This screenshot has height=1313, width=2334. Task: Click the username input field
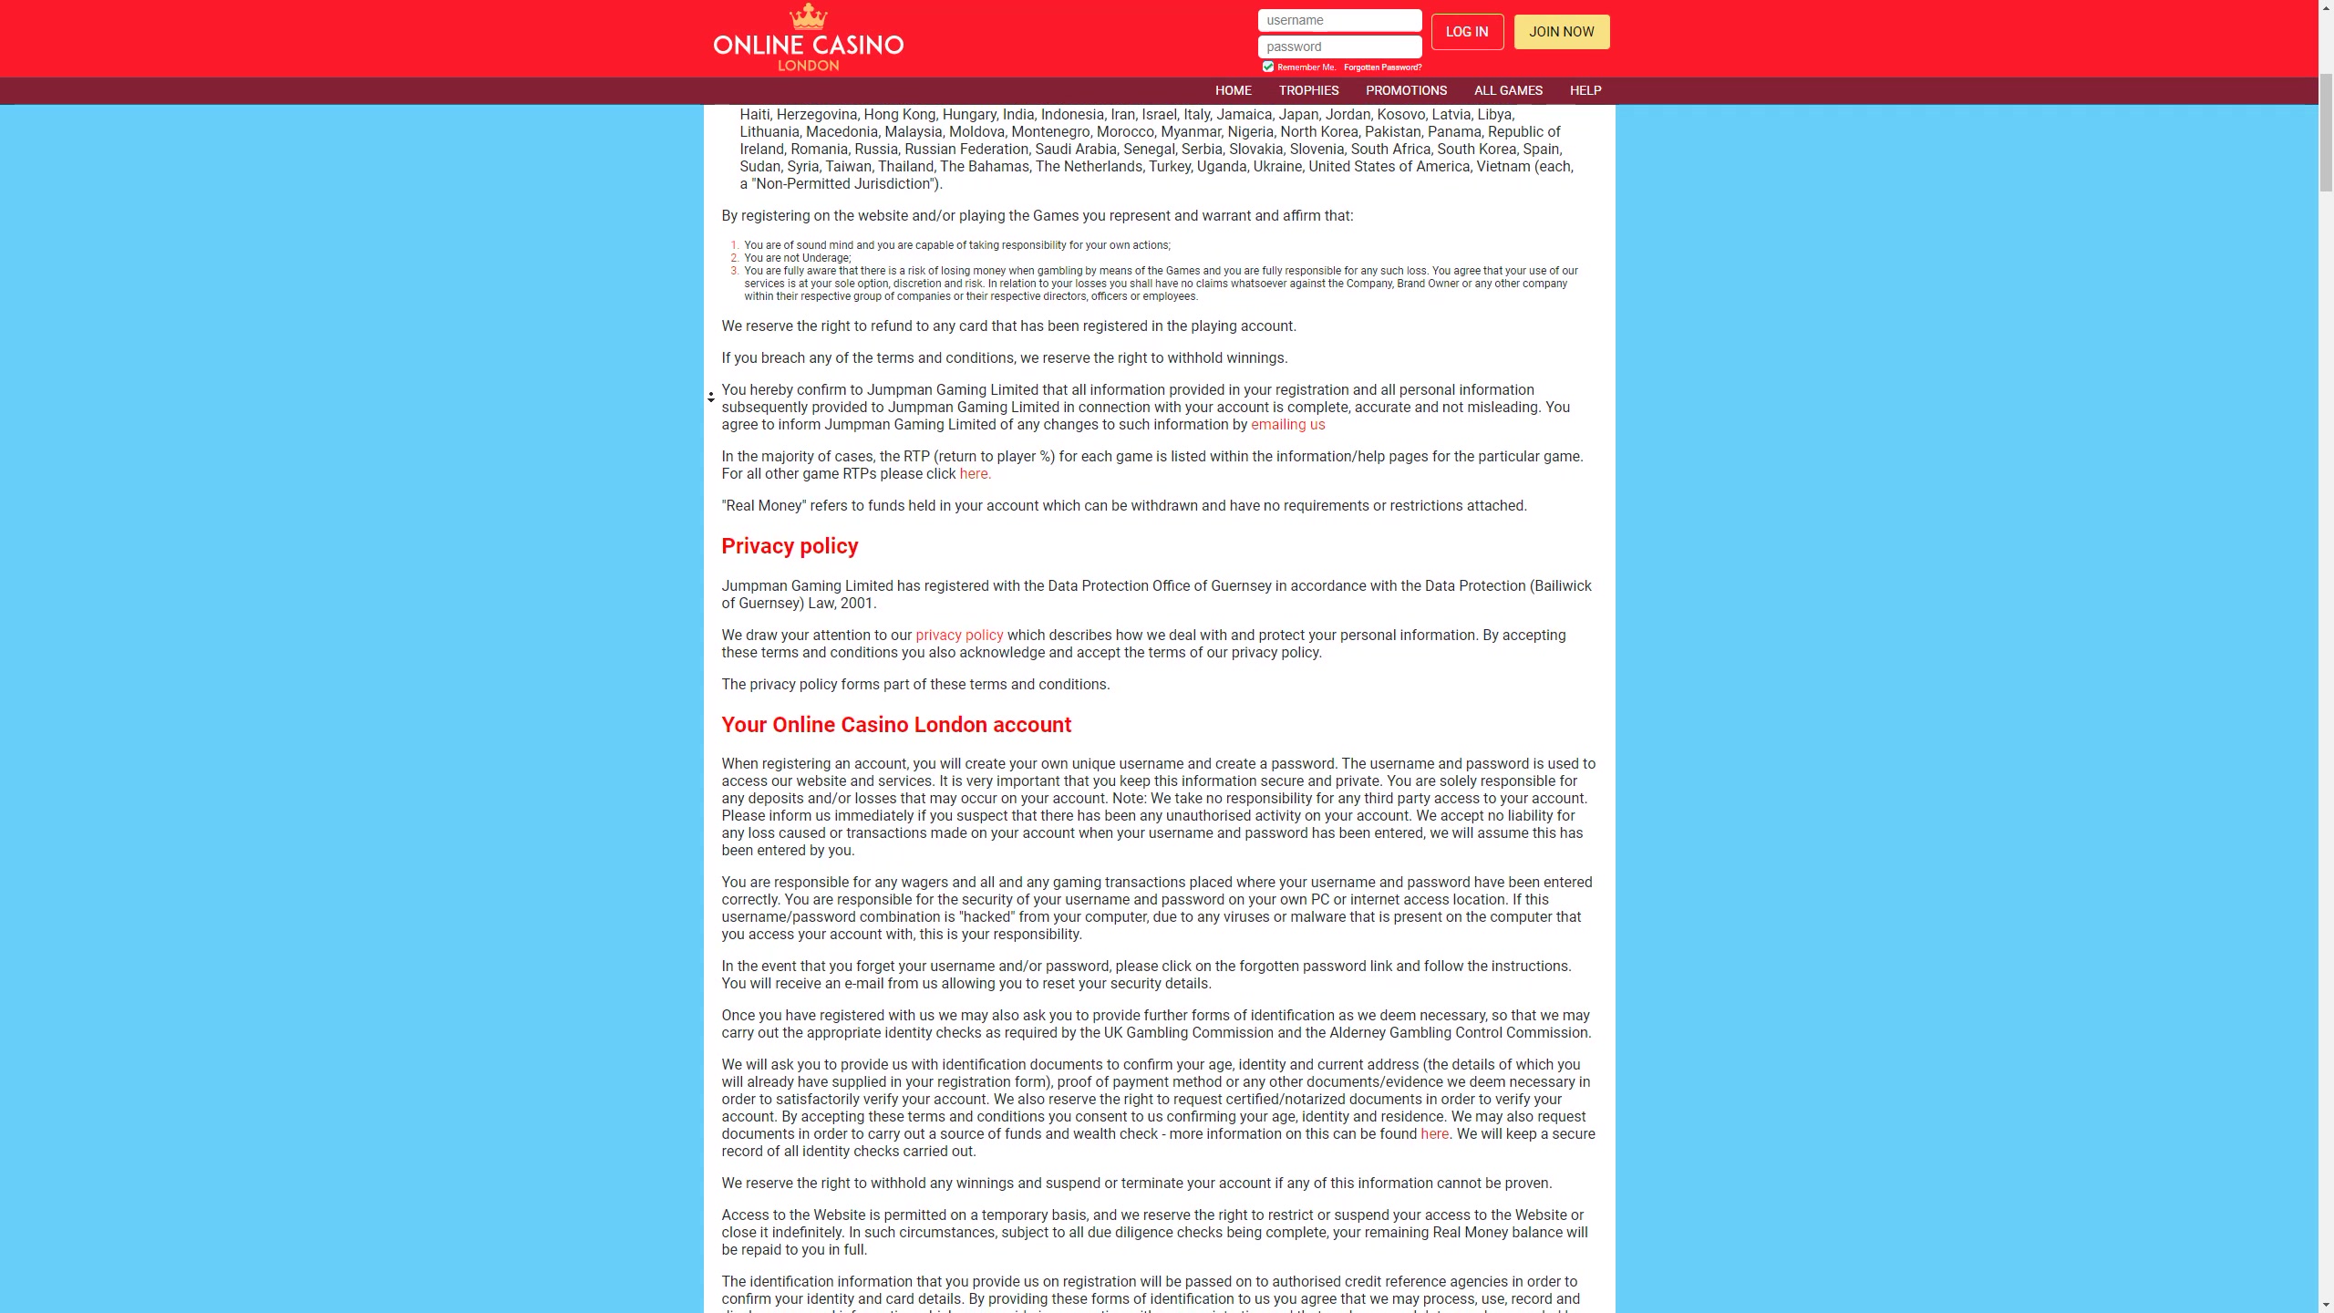(x=1338, y=20)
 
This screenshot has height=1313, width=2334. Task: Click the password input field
(x=1338, y=47)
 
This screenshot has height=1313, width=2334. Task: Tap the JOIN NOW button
(x=1561, y=32)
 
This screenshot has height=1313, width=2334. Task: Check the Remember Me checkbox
(x=1267, y=67)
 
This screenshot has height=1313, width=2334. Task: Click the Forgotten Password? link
(x=1382, y=67)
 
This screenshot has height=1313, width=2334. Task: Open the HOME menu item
(x=1233, y=90)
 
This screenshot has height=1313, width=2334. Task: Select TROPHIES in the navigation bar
(x=1308, y=90)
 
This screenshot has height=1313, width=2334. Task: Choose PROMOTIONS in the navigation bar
(x=1406, y=90)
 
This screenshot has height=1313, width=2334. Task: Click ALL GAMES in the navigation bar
(x=1508, y=90)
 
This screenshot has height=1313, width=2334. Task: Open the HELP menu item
(x=1585, y=90)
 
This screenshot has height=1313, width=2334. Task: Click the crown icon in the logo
(x=808, y=16)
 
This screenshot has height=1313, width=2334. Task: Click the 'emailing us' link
(x=1287, y=425)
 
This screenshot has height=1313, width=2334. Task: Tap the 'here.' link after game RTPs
(x=975, y=474)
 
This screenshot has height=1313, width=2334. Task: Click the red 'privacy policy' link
(x=959, y=636)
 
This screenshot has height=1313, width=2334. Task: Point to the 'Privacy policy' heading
(x=790, y=546)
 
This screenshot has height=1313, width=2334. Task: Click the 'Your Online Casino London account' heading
(x=896, y=725)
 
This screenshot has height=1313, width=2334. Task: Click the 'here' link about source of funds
(x=1434, y=1134)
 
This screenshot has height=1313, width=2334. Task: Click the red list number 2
(x=735, y=258)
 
